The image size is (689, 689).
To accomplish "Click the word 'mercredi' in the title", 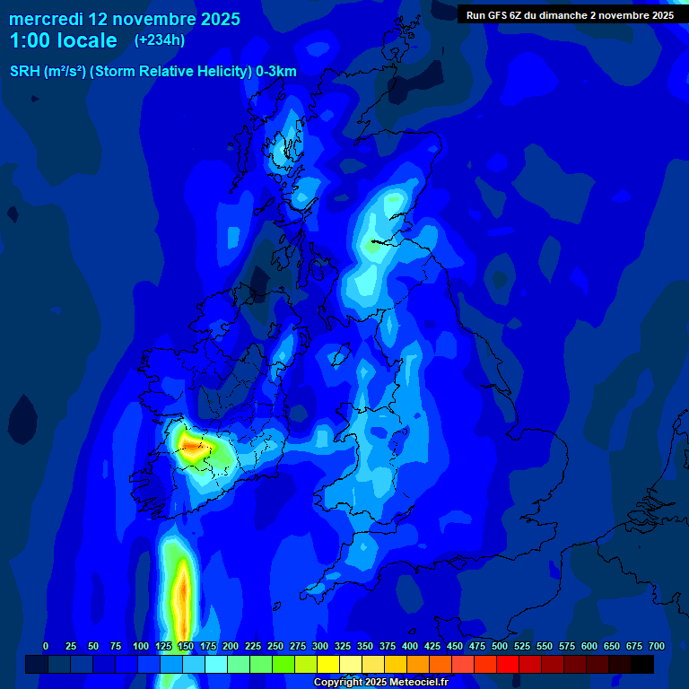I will tap(46, 19).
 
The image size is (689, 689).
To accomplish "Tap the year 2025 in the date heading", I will tap(220, 19).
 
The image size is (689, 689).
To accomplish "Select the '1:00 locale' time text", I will tap(63, 40).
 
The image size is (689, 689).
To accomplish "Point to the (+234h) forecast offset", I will tap(160, 40).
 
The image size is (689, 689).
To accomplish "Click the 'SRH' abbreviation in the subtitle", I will tap(25, 72).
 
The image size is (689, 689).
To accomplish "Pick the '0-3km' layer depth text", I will tap(276, 72).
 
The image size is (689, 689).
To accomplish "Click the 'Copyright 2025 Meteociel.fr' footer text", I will tap(380, 683).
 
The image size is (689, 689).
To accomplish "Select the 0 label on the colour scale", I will tap(46, 647).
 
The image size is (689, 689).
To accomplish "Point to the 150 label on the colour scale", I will tap(186, 647).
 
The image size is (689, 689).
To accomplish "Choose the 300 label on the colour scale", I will tap(320, 647).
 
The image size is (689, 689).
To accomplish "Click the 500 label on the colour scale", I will tap(500, 647).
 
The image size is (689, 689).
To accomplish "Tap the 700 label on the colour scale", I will tap(657, 647).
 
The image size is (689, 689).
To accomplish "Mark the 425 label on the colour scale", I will tap(432, 647).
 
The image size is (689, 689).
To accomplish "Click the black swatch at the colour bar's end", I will tap(642, 665).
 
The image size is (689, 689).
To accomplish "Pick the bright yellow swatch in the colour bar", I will tap(328, 665).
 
